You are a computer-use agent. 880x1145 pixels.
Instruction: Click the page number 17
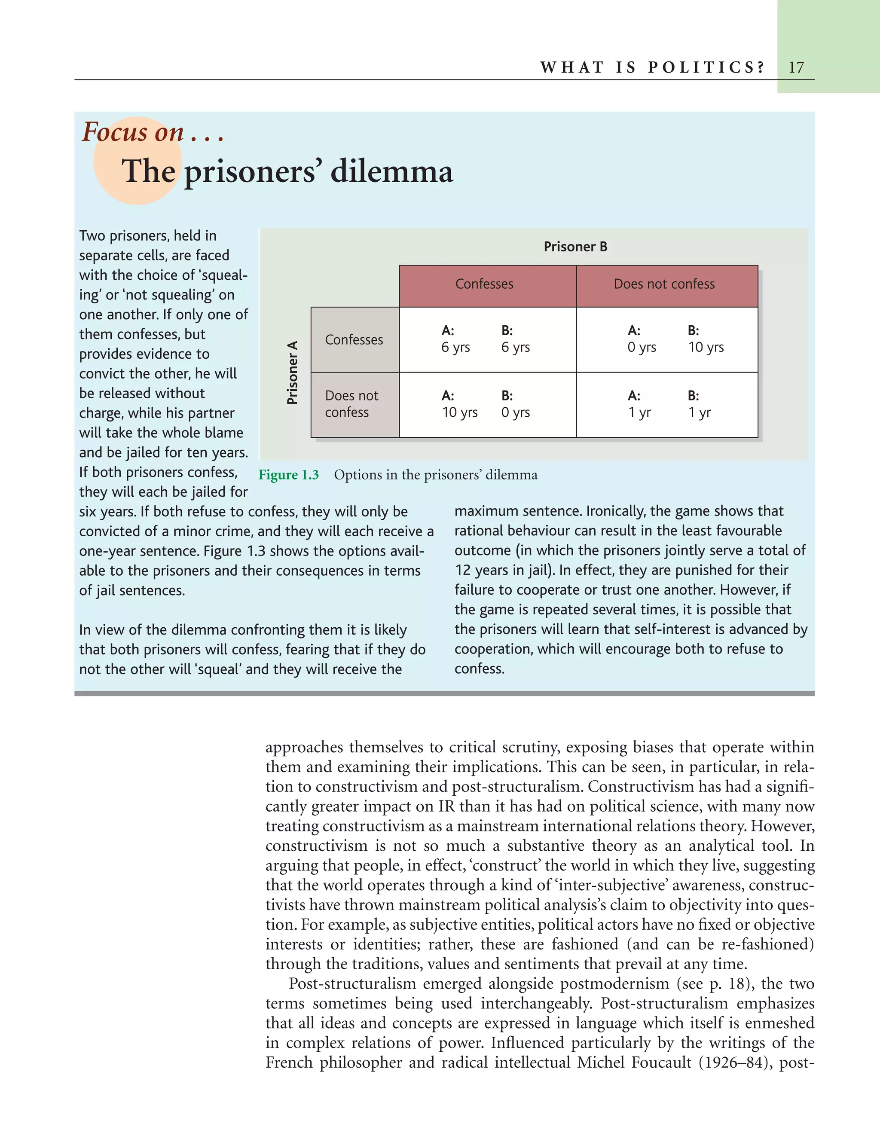click(796, 67)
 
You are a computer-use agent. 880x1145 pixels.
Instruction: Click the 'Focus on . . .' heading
click(153, 132)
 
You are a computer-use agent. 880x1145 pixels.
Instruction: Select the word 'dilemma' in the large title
click(391, 171)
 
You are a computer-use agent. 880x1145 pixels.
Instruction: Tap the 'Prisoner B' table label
click(575, 247)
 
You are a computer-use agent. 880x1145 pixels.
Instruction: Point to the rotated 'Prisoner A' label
click(292, 373)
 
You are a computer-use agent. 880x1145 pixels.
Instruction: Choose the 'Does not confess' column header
click(664, 284)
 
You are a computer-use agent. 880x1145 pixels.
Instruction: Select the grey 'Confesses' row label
click(354, 340)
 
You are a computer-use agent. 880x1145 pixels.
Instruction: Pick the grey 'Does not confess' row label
click(351, 404)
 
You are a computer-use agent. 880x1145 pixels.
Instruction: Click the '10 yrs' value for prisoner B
click(706, 347)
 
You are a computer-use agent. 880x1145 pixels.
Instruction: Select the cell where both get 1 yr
click(666, 404)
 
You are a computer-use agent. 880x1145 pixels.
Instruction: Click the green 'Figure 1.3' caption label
click(289, 475)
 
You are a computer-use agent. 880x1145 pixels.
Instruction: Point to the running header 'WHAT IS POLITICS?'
click(652, 67)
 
